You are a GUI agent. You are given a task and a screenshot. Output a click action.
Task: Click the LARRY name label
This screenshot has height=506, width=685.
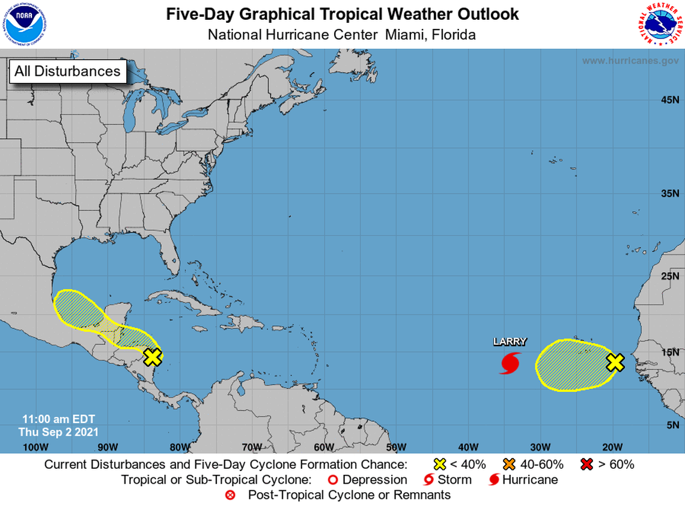[x=510, y=341]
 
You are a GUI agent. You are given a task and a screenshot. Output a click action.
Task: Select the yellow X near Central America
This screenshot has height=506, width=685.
[x=153, y=357]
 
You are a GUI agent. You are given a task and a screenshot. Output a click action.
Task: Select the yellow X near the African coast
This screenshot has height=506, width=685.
[x=615, y=362]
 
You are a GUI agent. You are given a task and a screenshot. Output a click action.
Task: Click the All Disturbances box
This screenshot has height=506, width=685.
[x=67, y=71]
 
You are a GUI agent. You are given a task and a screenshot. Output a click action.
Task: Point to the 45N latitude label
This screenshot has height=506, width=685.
[x=670, y=100]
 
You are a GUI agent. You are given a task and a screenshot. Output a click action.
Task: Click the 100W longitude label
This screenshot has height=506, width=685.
[x=35, y=447]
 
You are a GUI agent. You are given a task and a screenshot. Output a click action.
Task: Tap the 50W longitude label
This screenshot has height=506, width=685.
[x=396, y=447]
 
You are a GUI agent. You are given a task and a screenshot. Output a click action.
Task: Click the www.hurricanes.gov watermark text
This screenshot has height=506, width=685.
[x=630, y=61]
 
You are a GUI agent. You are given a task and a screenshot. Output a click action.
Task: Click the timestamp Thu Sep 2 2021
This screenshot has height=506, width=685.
[x=58, y=431]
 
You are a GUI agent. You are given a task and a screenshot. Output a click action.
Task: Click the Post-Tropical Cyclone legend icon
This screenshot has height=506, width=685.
[x=230, y=495]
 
